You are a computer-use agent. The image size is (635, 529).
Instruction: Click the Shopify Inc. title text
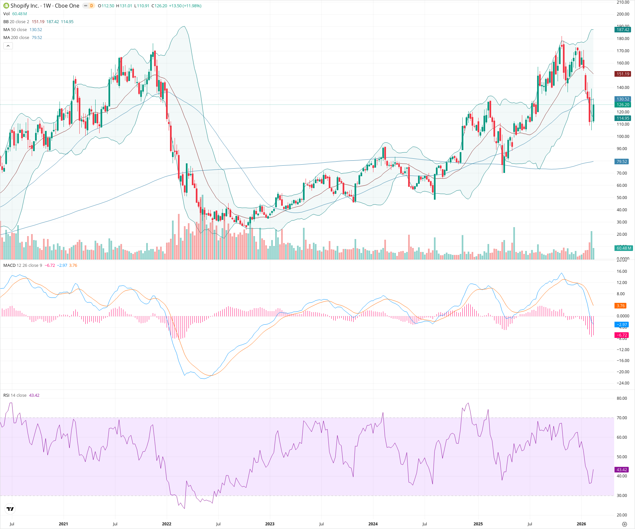click(x=25, y=6)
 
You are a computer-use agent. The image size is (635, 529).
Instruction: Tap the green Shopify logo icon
click(x=6, y=6)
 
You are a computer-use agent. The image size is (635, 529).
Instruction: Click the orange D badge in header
click(x=92, y=6)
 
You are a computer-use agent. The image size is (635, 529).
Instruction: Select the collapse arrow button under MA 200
click(x=8, y=46)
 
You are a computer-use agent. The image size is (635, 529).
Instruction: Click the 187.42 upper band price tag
click(x=623, y=30)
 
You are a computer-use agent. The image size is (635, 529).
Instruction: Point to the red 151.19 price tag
click(x=623, y=74)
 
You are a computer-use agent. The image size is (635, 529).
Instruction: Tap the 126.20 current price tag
click(x=623, y=105)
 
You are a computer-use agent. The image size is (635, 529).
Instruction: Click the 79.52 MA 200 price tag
click(x=622, y=162)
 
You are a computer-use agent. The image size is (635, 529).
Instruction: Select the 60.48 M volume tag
click(x=623, y=248)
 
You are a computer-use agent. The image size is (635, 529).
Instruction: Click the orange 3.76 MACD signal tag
click(x=620, y=306)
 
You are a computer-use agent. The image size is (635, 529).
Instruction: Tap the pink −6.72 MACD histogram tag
click(x=621, y=335)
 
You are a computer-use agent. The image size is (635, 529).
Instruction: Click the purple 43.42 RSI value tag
click(x=622, y=470)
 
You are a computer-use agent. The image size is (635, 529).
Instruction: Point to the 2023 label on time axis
click(x=270, y=524)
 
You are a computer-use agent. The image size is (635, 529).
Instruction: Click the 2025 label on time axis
click(x=478, y=524)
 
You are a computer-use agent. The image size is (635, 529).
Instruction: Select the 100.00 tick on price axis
click(x=623, y=137)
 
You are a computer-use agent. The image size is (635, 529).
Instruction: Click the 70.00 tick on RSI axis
click(x=622, y=418)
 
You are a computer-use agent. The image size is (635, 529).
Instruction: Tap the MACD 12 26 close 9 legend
click(x=22, y=265)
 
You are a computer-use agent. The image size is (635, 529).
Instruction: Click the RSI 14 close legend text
click(x=15, y=395)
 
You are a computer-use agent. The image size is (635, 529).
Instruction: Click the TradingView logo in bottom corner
click(x=10, y=509)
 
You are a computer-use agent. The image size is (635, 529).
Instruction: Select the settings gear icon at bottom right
click(x=624, y=524)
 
